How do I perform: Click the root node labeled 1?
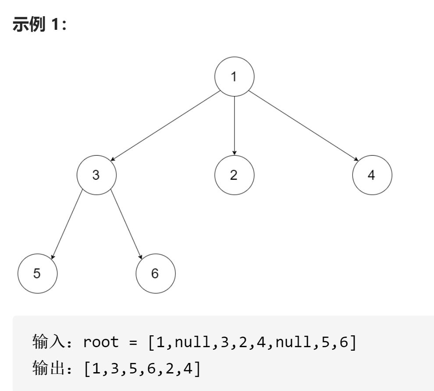[x=234, y=76]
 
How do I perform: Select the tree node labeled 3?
[x=96, y=175]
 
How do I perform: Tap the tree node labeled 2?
[x=234, y=175]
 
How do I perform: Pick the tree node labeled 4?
[x=372, y=175]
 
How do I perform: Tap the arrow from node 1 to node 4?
[x=302, y=125]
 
